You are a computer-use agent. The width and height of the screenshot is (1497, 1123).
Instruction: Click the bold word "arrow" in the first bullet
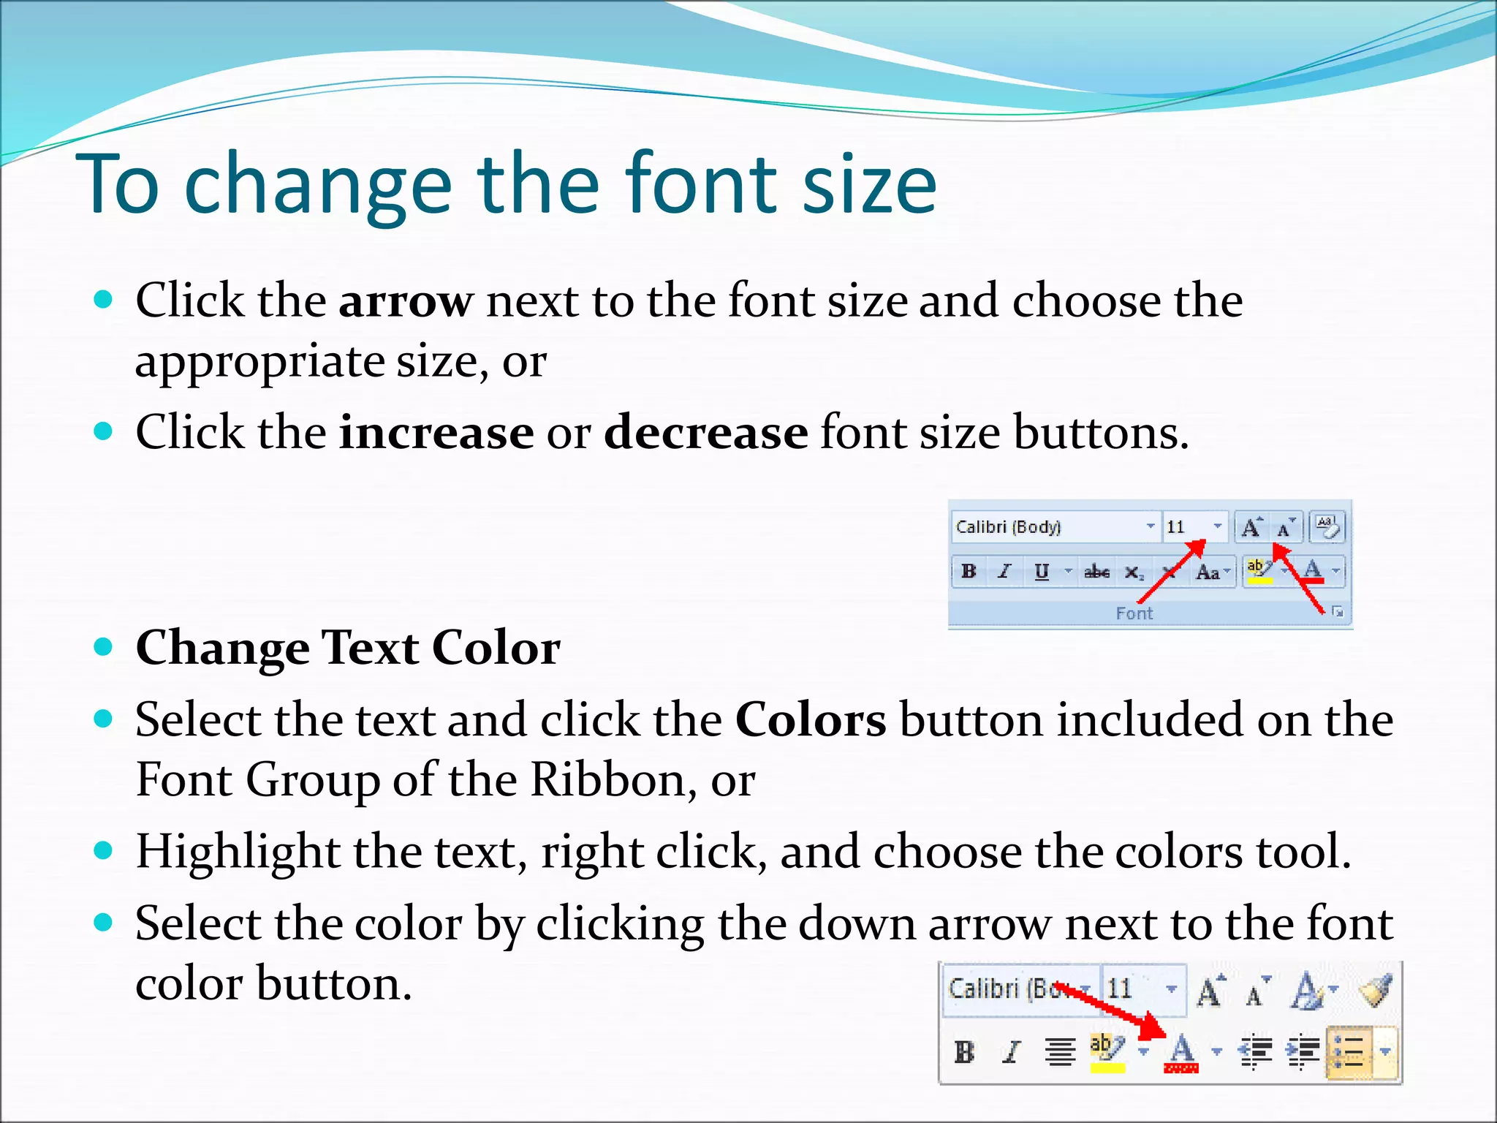pos(406,301)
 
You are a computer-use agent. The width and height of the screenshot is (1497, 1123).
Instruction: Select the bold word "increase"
pos(436,433)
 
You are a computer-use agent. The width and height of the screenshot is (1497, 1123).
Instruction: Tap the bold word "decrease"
pos(705,433)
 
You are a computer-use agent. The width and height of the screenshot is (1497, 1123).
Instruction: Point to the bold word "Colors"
pos(810,720)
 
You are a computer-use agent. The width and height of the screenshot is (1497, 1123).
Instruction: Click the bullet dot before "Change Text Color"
pos(104,646)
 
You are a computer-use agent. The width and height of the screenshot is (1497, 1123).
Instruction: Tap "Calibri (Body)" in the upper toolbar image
pos(1008,527)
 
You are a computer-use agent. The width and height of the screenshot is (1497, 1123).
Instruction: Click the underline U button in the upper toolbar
pos(1042,572)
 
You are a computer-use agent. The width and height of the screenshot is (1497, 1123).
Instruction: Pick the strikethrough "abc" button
pos(1096,572)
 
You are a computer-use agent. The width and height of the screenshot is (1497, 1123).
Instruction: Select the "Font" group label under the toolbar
pos(1134,613)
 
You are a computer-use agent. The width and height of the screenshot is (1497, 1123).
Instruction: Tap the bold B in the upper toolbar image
pos(969,572)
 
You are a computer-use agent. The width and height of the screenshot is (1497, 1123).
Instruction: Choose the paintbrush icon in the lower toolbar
pos(1375,991)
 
